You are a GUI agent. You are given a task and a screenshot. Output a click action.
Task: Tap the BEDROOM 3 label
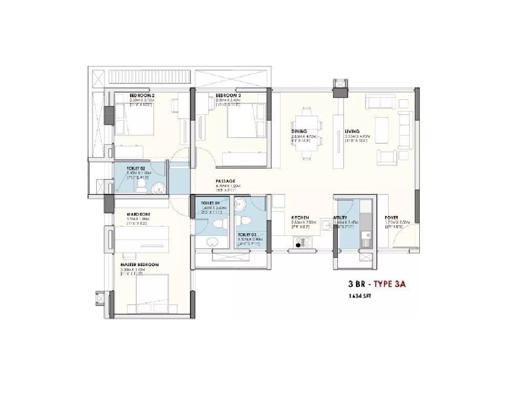point(228,96)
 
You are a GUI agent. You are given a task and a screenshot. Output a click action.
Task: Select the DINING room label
point(299,132)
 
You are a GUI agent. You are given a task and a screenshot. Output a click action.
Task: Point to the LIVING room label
point(352,132)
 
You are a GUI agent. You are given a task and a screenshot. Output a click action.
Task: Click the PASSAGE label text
point(225,181)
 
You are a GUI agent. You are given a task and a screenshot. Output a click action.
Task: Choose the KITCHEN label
point(300,217)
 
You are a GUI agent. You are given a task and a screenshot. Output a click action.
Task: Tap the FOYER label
point(392,217)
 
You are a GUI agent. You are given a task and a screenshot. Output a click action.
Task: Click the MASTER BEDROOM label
point(140,265)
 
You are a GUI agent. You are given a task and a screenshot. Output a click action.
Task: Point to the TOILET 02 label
point(137,168)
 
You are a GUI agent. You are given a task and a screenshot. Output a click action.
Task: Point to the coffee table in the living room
point(382,125)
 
